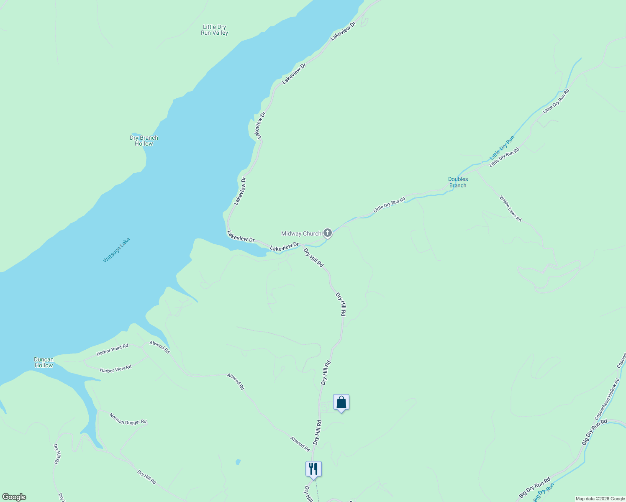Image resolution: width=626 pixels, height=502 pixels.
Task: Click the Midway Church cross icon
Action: coord(328,233)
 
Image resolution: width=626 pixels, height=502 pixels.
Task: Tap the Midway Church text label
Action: coord(301,234)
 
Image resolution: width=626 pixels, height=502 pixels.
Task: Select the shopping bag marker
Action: coord(341,402)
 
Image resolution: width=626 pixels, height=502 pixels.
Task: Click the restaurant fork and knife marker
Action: coord(313,469)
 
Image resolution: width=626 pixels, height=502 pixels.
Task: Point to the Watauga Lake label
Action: coord(117,250)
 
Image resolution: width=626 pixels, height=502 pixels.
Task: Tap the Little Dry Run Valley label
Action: coord(214,30)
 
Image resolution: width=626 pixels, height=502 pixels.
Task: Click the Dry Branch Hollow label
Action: coord(144,141)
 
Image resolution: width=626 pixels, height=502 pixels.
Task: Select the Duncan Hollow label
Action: coord(44,362)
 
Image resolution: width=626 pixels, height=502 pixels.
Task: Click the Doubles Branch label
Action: coord(458,182)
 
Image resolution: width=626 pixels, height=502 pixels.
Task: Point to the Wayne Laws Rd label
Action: coord(511,208)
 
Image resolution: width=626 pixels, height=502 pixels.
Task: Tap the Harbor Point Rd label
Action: coord(112,350)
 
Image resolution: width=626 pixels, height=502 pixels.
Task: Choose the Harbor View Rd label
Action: coord(115,369)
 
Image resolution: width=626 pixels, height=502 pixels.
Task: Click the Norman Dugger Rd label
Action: coord(128,419)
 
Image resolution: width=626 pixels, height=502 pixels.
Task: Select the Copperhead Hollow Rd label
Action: coord(607,400)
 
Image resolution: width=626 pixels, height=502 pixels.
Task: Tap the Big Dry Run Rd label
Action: coord(535,487)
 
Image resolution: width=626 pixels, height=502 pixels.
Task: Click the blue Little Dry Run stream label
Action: coord(502,148)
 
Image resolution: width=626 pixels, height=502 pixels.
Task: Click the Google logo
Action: coord(14,497)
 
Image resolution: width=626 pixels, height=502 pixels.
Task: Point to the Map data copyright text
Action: coord(600,499)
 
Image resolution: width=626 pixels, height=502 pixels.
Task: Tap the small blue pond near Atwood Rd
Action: coord(238,462)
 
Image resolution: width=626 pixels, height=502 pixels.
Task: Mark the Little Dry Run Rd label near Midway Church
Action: coord(389,205)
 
